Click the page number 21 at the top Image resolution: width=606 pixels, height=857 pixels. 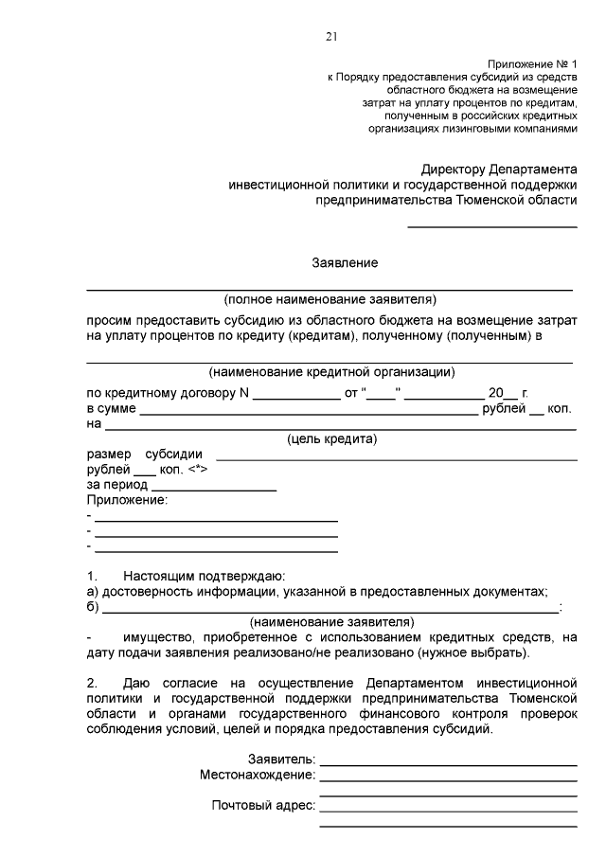(x=330, y=37)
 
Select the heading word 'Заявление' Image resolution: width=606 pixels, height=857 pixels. (x=346, y=261)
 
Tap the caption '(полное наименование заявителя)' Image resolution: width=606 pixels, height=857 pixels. (x=330, y=299)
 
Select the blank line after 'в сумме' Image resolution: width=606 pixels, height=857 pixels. (x=310, y=414)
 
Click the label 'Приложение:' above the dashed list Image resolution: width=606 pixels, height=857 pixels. (x=127, y=500)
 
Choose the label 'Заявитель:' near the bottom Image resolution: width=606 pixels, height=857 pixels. (x=281, y=759)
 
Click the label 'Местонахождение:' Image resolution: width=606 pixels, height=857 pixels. (x=258, y=775)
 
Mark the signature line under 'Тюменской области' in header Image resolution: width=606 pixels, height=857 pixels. (x=492, y=226)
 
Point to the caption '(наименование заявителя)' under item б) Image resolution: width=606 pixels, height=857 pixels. (x=331, y=622)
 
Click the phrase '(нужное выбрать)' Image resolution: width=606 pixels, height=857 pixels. (x=483, y=652)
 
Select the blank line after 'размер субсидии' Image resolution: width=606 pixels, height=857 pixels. (x=397, y=458)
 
